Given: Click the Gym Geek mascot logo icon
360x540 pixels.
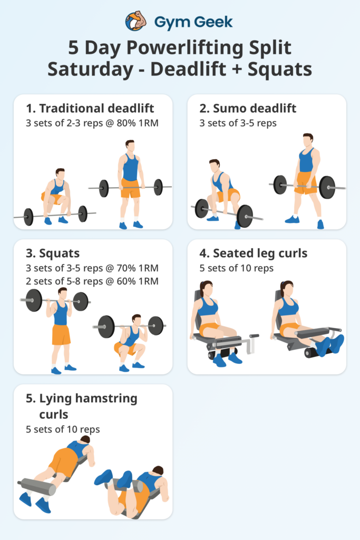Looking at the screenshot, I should point(135,21).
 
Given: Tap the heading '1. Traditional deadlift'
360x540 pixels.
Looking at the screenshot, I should point(90,109).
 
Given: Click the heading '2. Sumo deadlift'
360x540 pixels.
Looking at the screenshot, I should point(248,109).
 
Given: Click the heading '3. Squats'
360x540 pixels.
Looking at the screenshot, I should point(53,254).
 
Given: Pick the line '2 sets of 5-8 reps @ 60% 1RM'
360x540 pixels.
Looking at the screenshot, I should point(92,281).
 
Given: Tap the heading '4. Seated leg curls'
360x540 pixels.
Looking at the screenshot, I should point(253,254).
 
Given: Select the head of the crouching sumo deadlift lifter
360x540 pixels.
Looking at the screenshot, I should point(214,166).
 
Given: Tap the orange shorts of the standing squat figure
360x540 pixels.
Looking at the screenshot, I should point(61,334).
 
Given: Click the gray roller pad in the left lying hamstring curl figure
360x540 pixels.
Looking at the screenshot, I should point(37,487).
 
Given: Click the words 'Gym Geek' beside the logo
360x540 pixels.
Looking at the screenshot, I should point(193,22).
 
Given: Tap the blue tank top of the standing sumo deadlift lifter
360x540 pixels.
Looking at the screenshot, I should point(306,160).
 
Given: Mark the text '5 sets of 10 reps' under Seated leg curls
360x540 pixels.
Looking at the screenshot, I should point(237,268).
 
